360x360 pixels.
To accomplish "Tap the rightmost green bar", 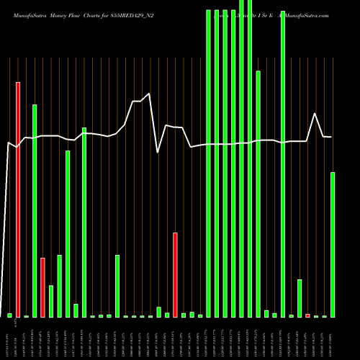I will pos(333,245).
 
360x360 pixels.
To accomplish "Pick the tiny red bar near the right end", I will pos(308,315).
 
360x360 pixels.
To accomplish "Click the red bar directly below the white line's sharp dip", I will pos(175,274).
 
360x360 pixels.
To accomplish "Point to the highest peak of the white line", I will pos(149,94).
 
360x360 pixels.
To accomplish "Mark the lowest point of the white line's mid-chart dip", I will pos(158,152).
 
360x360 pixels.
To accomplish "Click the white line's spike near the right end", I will pos(315,114).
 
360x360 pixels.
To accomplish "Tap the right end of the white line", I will pos(331,137).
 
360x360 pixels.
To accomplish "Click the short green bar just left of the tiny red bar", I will pos(300,298).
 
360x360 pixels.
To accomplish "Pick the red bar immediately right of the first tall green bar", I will pos(42,287).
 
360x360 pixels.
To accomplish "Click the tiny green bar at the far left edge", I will pos(9,315).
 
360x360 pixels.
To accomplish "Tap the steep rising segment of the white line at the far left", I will pos(4,216).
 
